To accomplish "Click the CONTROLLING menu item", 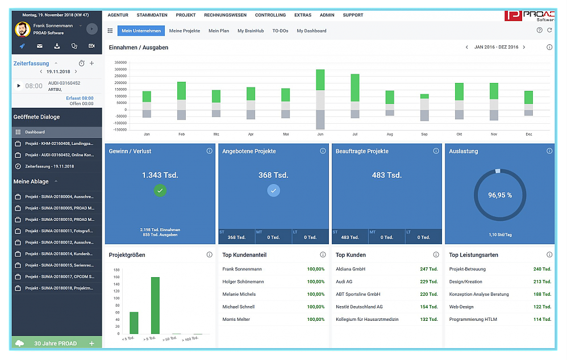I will (270, 15).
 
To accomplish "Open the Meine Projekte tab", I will (184, 31).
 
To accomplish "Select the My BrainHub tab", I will (251, 31).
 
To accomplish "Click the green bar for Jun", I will (320, 80).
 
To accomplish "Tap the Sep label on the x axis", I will (424, 135).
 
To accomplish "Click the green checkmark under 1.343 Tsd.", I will (160, 191).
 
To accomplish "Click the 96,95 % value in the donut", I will (499, 195).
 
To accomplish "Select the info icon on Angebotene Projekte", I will (323, 151).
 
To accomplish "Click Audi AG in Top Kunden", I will (344, 282).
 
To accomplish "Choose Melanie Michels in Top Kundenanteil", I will (239, 294).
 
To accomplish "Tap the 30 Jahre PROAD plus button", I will (92, 344).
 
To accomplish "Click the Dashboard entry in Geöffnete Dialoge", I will (35, 132).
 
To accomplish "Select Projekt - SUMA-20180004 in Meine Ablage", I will (60, 196).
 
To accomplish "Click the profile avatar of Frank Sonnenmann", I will (23, 29).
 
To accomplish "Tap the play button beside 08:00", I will (19, 86).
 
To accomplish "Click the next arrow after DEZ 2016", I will (524, 47).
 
